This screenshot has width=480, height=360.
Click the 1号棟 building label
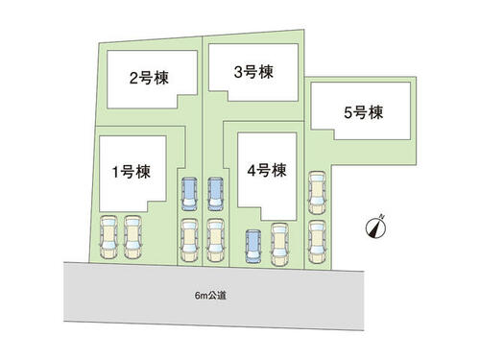coord(132,172)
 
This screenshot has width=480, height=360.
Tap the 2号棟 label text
coord(149,78)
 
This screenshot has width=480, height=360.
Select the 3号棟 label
coord(253,72)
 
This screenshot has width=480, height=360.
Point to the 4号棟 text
coord(267,170)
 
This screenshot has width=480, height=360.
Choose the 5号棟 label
coord(364,112)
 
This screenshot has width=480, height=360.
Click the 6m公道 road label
coord(210,296)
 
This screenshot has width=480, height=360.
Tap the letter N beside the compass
coord(382,217)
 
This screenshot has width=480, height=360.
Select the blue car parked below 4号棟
coord(253,247)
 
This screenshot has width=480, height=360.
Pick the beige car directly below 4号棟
coord(279,245)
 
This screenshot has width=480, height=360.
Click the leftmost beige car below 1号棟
coord(108,237)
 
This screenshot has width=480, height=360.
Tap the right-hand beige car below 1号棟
coord(132,237)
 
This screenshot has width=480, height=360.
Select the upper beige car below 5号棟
coord(317,193)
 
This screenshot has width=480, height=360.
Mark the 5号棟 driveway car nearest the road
coord(317,242)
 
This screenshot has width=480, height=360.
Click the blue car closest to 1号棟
coord(189,194)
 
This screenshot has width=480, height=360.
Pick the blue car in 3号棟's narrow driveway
coord(216,194)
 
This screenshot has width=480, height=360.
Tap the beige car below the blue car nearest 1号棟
coord(189,240)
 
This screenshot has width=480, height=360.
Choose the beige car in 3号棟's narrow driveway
coord(215,240)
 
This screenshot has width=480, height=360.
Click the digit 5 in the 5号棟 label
coord(348,113)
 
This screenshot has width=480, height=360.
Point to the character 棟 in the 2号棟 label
coord(161,78)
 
